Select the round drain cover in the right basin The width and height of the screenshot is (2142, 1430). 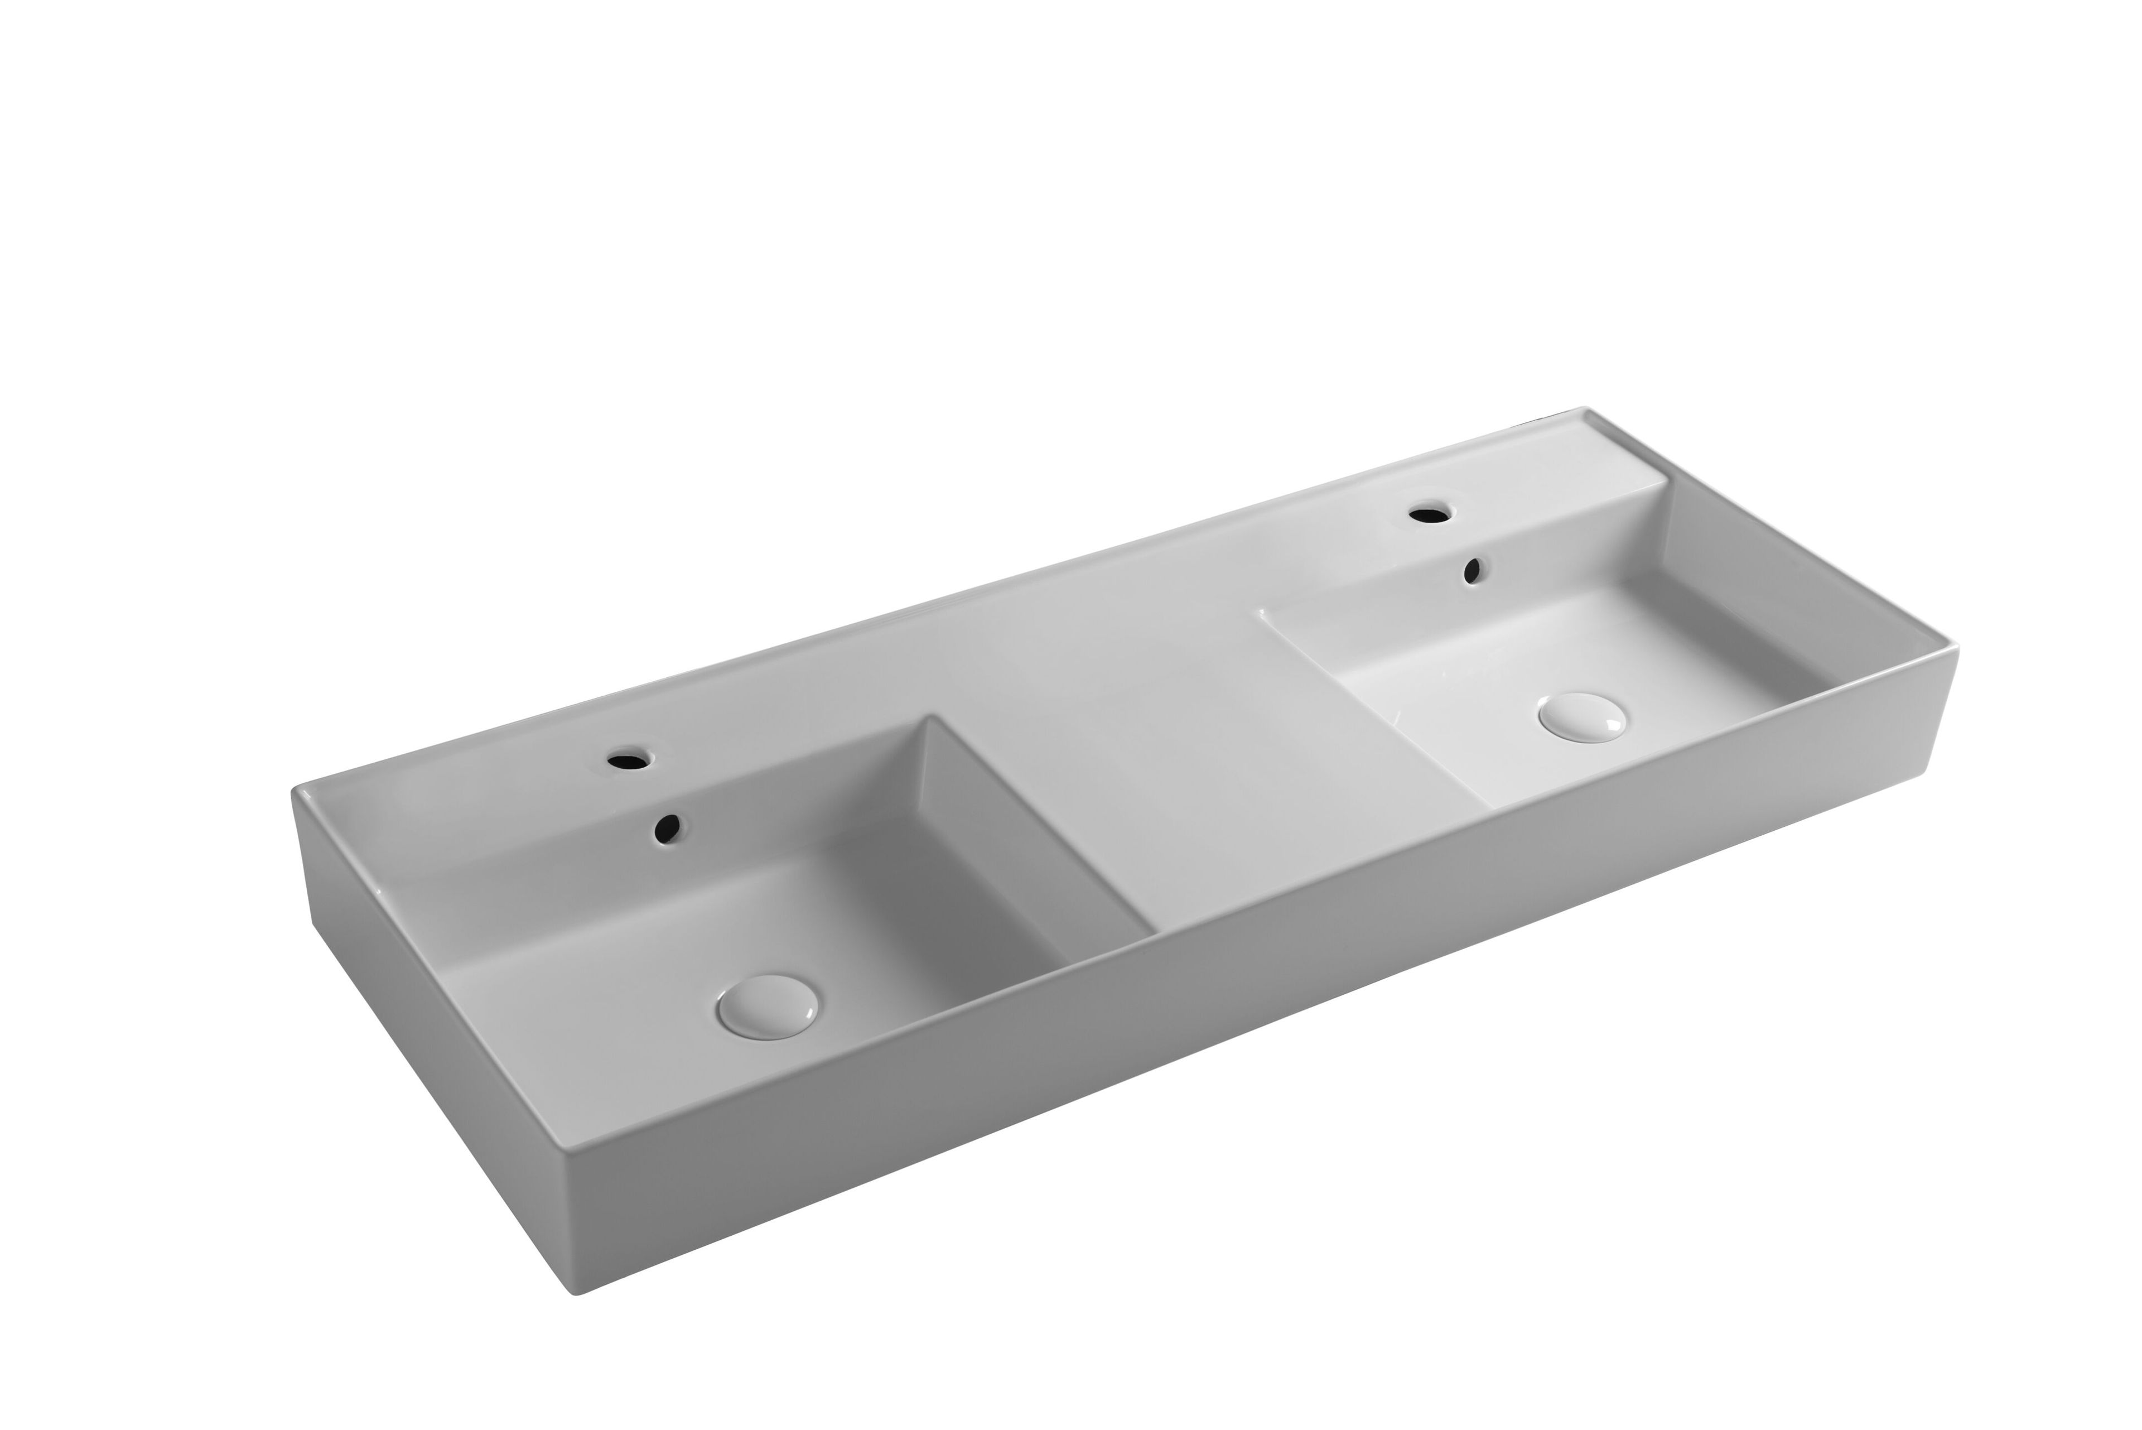click(1581, 716)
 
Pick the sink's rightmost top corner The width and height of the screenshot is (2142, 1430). click(1957, 646)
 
